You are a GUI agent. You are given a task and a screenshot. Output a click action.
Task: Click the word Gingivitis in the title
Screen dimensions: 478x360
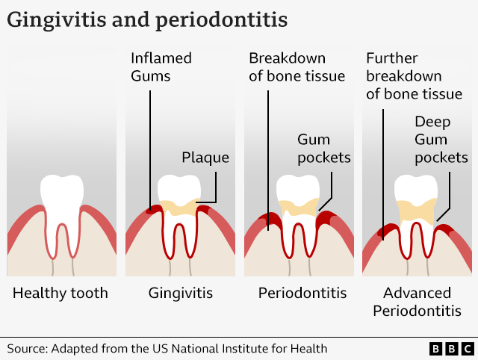click(57, 20)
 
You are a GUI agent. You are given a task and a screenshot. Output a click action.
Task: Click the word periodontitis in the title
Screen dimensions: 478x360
click(221, 20)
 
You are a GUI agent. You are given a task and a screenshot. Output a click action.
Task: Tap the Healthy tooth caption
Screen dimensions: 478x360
click(60, 294)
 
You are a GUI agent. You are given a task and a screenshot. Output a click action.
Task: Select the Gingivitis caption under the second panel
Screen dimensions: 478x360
click(181, 294)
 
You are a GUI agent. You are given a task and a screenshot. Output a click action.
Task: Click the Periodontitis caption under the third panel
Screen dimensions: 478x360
click(302, 294)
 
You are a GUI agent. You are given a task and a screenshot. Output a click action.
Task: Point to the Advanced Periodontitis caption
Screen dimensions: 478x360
click(417, 302)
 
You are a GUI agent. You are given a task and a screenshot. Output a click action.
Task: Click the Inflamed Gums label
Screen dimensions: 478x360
click(161, 67)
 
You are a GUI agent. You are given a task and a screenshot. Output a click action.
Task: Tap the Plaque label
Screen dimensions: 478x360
click(205, 158)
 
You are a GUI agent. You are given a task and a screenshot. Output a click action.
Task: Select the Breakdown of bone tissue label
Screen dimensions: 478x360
click(297, 67)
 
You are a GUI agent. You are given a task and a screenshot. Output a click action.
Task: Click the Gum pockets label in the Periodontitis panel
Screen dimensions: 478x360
click(324, 149)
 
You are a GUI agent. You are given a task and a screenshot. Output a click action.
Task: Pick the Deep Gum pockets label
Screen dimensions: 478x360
click(441, 140)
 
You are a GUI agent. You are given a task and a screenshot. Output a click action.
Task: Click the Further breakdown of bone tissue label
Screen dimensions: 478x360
click(415, 76)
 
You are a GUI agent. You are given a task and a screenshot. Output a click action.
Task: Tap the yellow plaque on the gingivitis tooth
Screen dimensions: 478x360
click(180, 208)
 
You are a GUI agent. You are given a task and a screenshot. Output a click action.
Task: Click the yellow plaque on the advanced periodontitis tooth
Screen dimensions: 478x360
click(417, 211)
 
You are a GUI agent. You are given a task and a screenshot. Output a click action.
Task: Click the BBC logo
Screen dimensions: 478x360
click(452, 349)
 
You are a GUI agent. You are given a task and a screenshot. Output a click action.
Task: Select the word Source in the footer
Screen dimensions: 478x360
click(28, 349)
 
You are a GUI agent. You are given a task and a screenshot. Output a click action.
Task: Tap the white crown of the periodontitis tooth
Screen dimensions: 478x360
click(298, 189)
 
